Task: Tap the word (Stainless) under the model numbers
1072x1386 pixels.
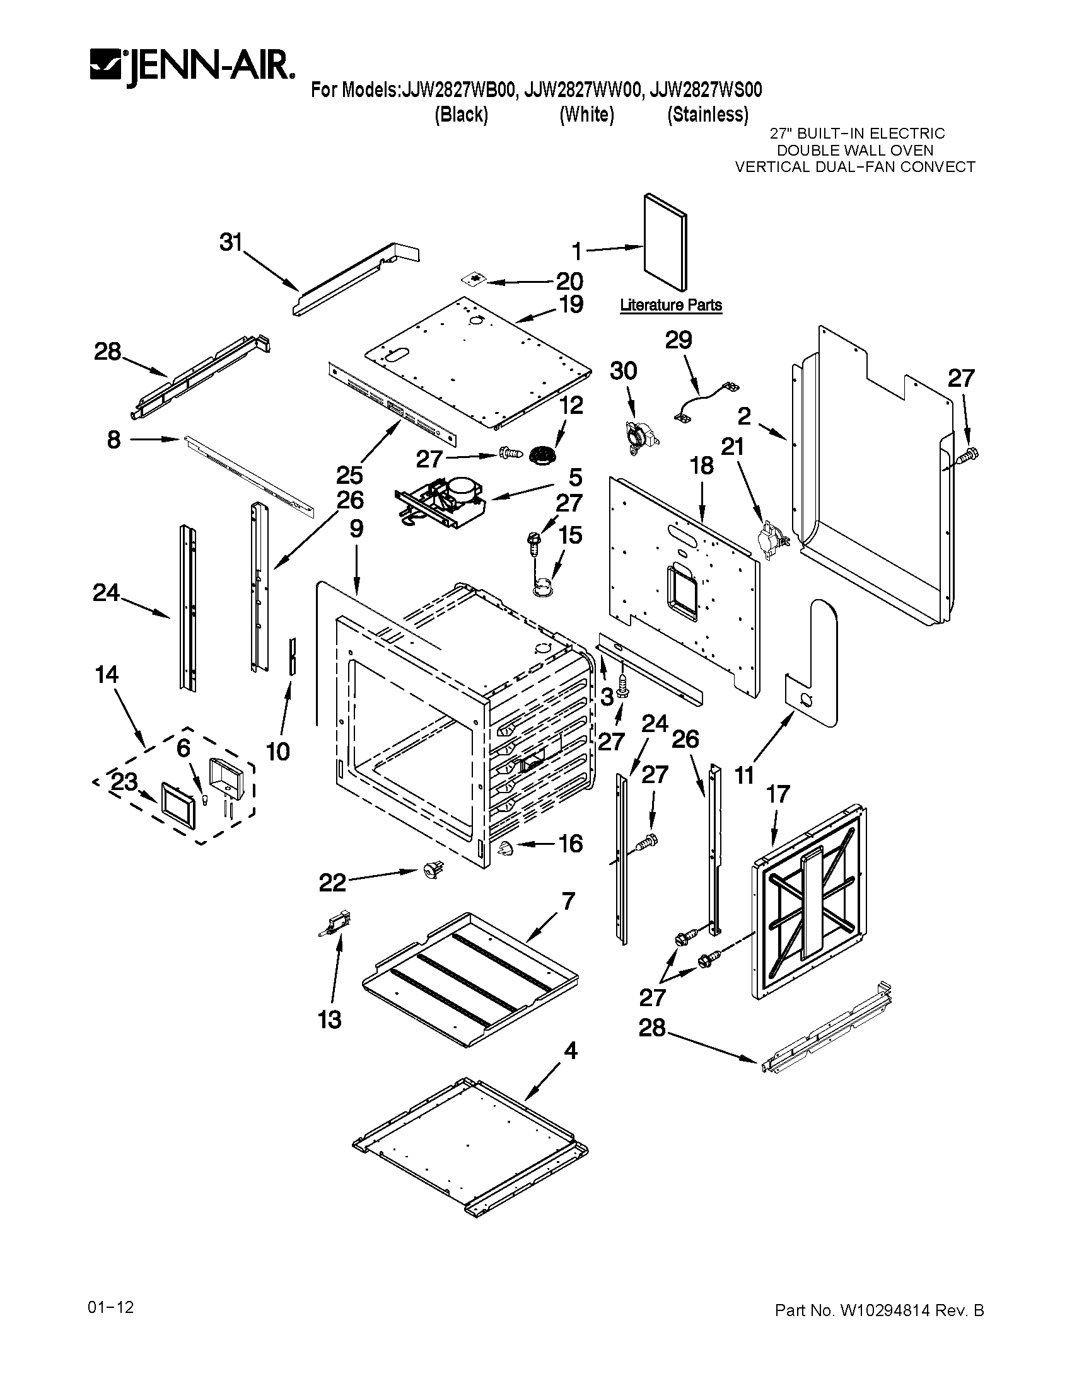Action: click(708, 115)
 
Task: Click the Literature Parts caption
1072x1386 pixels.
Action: click(671, 306)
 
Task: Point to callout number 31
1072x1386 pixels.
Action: click(231, 242)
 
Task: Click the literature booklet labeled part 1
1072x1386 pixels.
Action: click(664, 241)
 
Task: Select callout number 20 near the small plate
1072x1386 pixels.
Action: click(569, 281)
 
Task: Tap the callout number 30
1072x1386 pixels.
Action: click(623, 370)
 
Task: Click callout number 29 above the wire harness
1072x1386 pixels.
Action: click(678, 340)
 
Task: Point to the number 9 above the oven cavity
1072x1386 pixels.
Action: click(356, 529)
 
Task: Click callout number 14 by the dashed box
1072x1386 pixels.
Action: click(107, 674)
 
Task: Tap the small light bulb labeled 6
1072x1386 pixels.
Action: click(205, 799)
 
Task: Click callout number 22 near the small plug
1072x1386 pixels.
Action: click(332, 883)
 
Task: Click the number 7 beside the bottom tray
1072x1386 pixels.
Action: click(568, 900)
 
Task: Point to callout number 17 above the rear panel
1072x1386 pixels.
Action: click(778, 794)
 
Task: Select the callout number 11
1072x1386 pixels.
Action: click(744, 775)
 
